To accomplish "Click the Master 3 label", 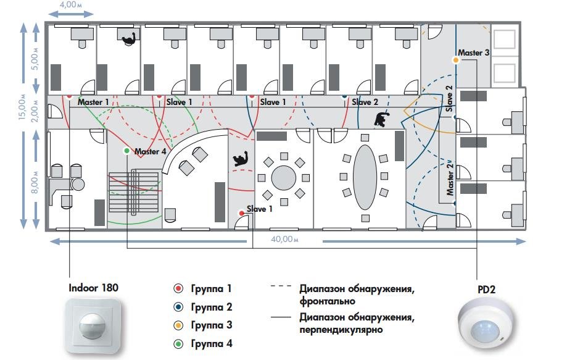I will click(x=474, y=53).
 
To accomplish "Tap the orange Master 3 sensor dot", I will click(x=456, y=60).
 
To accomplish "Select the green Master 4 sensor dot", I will click(x=126, y=151).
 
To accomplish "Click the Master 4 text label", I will click(x=150, y=151).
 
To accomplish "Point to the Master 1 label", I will click(x=93, y=102).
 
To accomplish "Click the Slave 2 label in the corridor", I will click(x=366, y=102).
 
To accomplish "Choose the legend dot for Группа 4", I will click(x=178, y=343).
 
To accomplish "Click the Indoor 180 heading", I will click(x=93, y=288).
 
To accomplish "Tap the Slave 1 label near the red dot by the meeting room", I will click(x=260, y=209).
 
